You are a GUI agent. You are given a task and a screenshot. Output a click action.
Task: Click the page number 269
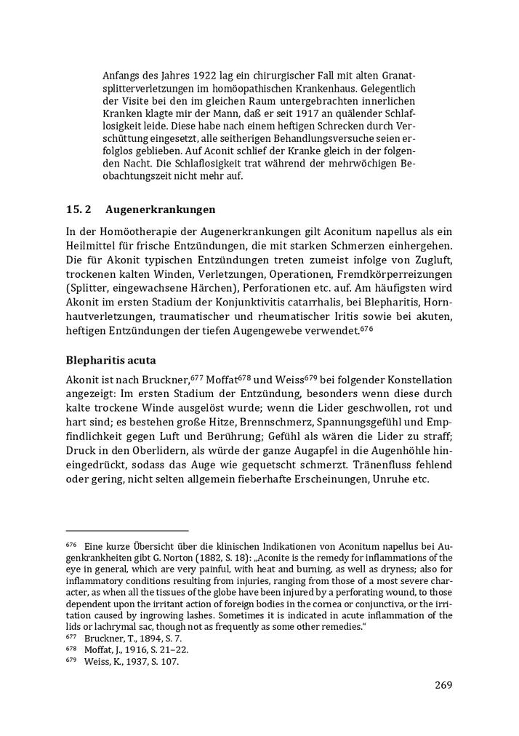point(444,684)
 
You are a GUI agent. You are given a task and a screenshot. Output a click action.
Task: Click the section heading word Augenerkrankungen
point(160,209)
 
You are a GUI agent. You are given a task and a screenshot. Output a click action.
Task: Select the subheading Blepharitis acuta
point(110,359)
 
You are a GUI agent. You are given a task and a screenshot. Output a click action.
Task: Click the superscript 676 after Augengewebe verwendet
point(367,328)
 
